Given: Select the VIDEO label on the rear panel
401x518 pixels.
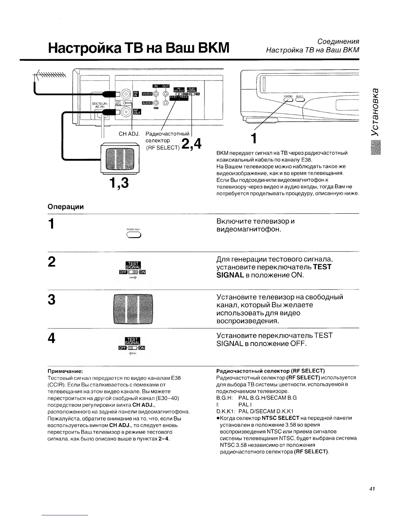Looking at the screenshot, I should click(147, 94).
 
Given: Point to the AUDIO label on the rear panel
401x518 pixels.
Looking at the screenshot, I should click(147, 103).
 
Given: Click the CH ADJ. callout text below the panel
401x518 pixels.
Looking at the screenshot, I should click(129, 134).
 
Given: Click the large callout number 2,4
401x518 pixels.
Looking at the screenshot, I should click(191, 144).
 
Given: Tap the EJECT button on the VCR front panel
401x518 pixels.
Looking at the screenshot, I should click(299, 100).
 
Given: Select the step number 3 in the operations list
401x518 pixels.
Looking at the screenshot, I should click(51, 300).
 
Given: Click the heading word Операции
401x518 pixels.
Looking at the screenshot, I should click(66, 207).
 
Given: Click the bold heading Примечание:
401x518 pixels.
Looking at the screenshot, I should click(65, 371).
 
